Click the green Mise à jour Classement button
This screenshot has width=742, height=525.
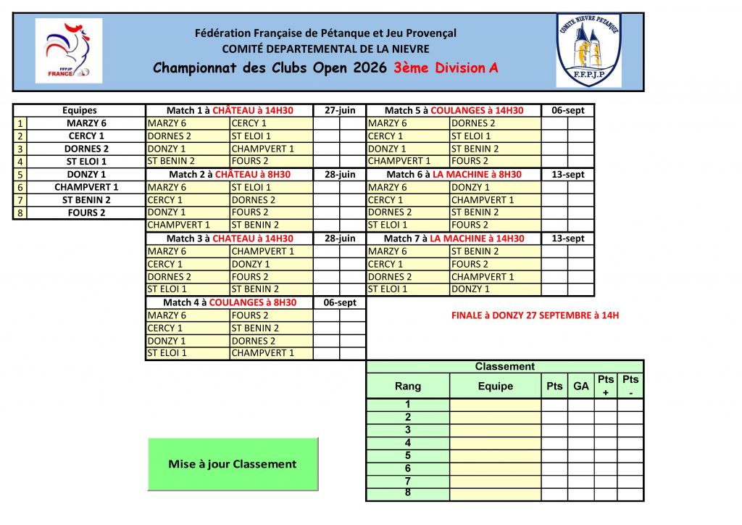click(x=233, y=464)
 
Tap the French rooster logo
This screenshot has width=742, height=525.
click(x=69, y=51)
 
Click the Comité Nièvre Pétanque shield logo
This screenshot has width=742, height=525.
click(x=588, y=51)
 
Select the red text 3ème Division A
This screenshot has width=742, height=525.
click(x=446, y=69)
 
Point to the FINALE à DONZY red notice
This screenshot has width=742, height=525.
click(x=535, y=315)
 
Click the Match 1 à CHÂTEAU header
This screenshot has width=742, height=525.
click(x=230, y=110)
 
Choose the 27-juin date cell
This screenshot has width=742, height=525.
click(x=340, y=110)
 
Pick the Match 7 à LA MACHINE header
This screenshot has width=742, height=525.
click(x=454, y=239)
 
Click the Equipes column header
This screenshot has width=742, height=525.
click(x=80, y=110)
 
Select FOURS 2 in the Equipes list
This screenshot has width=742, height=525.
click(x=86, y=212)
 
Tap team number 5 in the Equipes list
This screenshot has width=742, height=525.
click(x=20, y=174)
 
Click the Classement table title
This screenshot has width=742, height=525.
click(x=504, y=367)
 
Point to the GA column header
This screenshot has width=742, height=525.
click(x=581, y=386)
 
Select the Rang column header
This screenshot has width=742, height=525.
click(x=408, y=386)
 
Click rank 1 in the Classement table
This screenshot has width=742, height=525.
click(x=408, y=405)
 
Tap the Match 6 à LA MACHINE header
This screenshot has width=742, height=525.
click(x=454, y=174)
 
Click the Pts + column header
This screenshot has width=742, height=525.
click(x=606, y=386)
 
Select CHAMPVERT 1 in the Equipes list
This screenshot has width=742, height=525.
click(x=86, y=187)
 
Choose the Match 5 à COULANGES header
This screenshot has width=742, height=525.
click(x=454, y=110)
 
